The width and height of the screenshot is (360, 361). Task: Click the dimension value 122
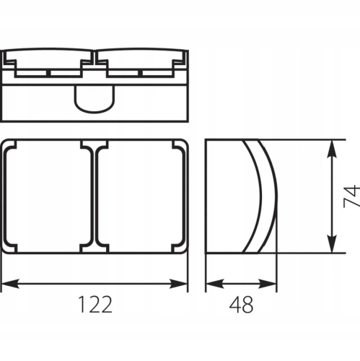[x=95, y=305]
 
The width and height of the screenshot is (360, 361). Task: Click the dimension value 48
[x=241, y=305]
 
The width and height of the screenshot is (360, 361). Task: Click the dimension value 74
[x=352, y=196]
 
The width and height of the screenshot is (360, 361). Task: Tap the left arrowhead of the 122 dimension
[x=10, y=284]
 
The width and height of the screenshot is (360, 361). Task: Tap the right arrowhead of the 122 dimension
[x=178, y=284]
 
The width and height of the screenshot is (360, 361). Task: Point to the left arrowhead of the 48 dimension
[x=215, y=284]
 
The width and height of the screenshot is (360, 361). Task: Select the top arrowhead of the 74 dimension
[x=332, y=149]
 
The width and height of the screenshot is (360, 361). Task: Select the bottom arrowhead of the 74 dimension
[x=332, y=243]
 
